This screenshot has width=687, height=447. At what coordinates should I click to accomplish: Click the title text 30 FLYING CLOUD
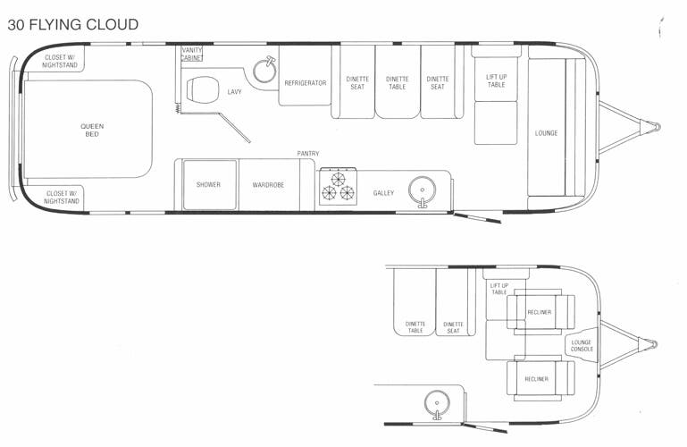(73, 24)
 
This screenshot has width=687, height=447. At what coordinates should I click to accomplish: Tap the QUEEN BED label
(92, 131)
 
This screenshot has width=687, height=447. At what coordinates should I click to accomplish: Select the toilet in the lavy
(201, 90)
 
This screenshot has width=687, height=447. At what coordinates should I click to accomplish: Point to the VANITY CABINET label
(192, 54)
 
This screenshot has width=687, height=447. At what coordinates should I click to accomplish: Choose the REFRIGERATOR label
(305, 83)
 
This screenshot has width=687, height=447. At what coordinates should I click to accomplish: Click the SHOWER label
(208, 185)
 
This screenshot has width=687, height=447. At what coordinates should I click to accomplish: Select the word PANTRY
(308, 154)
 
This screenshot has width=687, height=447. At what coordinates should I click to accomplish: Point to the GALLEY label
(383, 193)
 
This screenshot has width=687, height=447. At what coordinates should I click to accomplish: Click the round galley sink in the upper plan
(423, 190)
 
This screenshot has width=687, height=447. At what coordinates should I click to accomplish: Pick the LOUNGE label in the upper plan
(546, 133)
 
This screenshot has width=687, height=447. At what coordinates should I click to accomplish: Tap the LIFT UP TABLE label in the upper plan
(496, 80)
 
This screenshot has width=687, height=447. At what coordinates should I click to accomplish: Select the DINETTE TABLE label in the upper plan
(397, 83)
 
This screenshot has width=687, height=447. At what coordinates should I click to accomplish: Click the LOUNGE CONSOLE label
(582, 346)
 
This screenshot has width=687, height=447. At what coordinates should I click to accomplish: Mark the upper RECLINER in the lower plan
(539, 312)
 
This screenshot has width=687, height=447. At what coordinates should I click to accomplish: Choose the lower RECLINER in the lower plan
(536, 379)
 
